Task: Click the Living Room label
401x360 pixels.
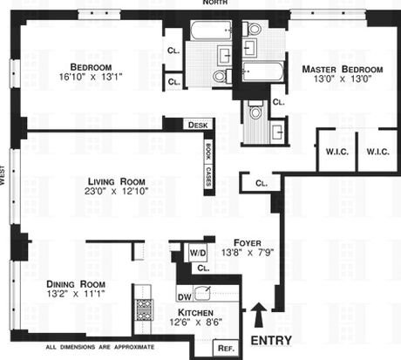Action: point(117,181)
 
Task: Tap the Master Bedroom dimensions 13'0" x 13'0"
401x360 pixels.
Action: point(343,78)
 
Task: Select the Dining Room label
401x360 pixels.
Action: point(76,284)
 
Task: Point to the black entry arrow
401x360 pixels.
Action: point(259,315)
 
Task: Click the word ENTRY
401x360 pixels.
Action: point(271,341)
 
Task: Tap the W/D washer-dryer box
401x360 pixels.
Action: point(198,253)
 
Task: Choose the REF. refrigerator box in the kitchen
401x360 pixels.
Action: point(226,348)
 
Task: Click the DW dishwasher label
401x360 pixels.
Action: point(185,297)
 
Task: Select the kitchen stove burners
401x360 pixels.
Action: point(145,309)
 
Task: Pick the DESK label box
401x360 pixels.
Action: point(198,126)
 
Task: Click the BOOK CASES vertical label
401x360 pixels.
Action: point(208,164)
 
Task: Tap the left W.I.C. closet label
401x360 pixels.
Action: point(337,152)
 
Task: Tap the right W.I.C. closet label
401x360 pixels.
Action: point(377,152)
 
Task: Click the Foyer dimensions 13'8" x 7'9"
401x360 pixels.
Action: point(248,253)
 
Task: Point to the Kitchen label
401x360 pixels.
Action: point(195,313)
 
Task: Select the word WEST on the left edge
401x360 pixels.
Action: point(3,175)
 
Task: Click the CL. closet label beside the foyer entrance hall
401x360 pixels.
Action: point(262,183)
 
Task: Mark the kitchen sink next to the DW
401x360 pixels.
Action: point(202,293)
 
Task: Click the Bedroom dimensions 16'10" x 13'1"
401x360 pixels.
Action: point(91,77)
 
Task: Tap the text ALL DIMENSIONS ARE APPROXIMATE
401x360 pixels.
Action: point(100,347)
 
